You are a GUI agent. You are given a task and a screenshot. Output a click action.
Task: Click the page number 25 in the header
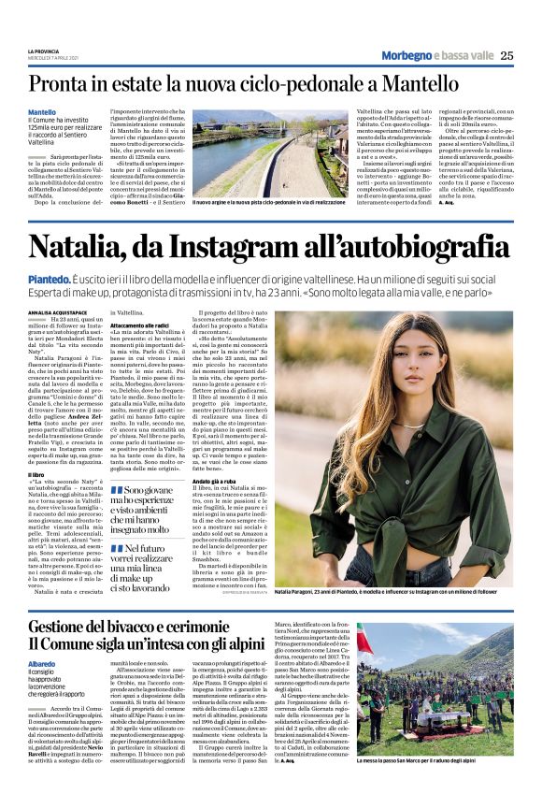(506, 55)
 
